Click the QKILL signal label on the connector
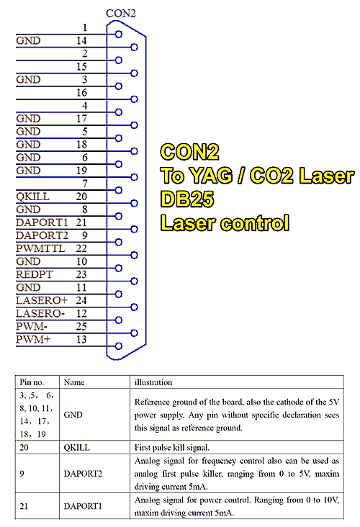click(32, 197)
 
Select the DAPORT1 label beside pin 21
click(42, 222)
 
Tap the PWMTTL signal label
click(40, 248)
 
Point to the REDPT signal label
click(35, 274)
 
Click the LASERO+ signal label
click(42, 300)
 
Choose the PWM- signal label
click(32, 326)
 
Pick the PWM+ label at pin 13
click(33, 339)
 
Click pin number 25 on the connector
click(81, 326)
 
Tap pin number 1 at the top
click(85, 27)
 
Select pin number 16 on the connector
click(81, 92)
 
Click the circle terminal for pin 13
click(118, 346)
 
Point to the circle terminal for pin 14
click(134, 47)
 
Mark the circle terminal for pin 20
click(134, 203)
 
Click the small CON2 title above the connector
click(121, 13)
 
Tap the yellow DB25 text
click(187, 199)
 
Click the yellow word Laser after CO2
click(326, 176)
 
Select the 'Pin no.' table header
click(32, 382)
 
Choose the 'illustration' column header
click(153, 382)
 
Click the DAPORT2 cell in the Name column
click(83, 474)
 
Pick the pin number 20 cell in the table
click(24, 447)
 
